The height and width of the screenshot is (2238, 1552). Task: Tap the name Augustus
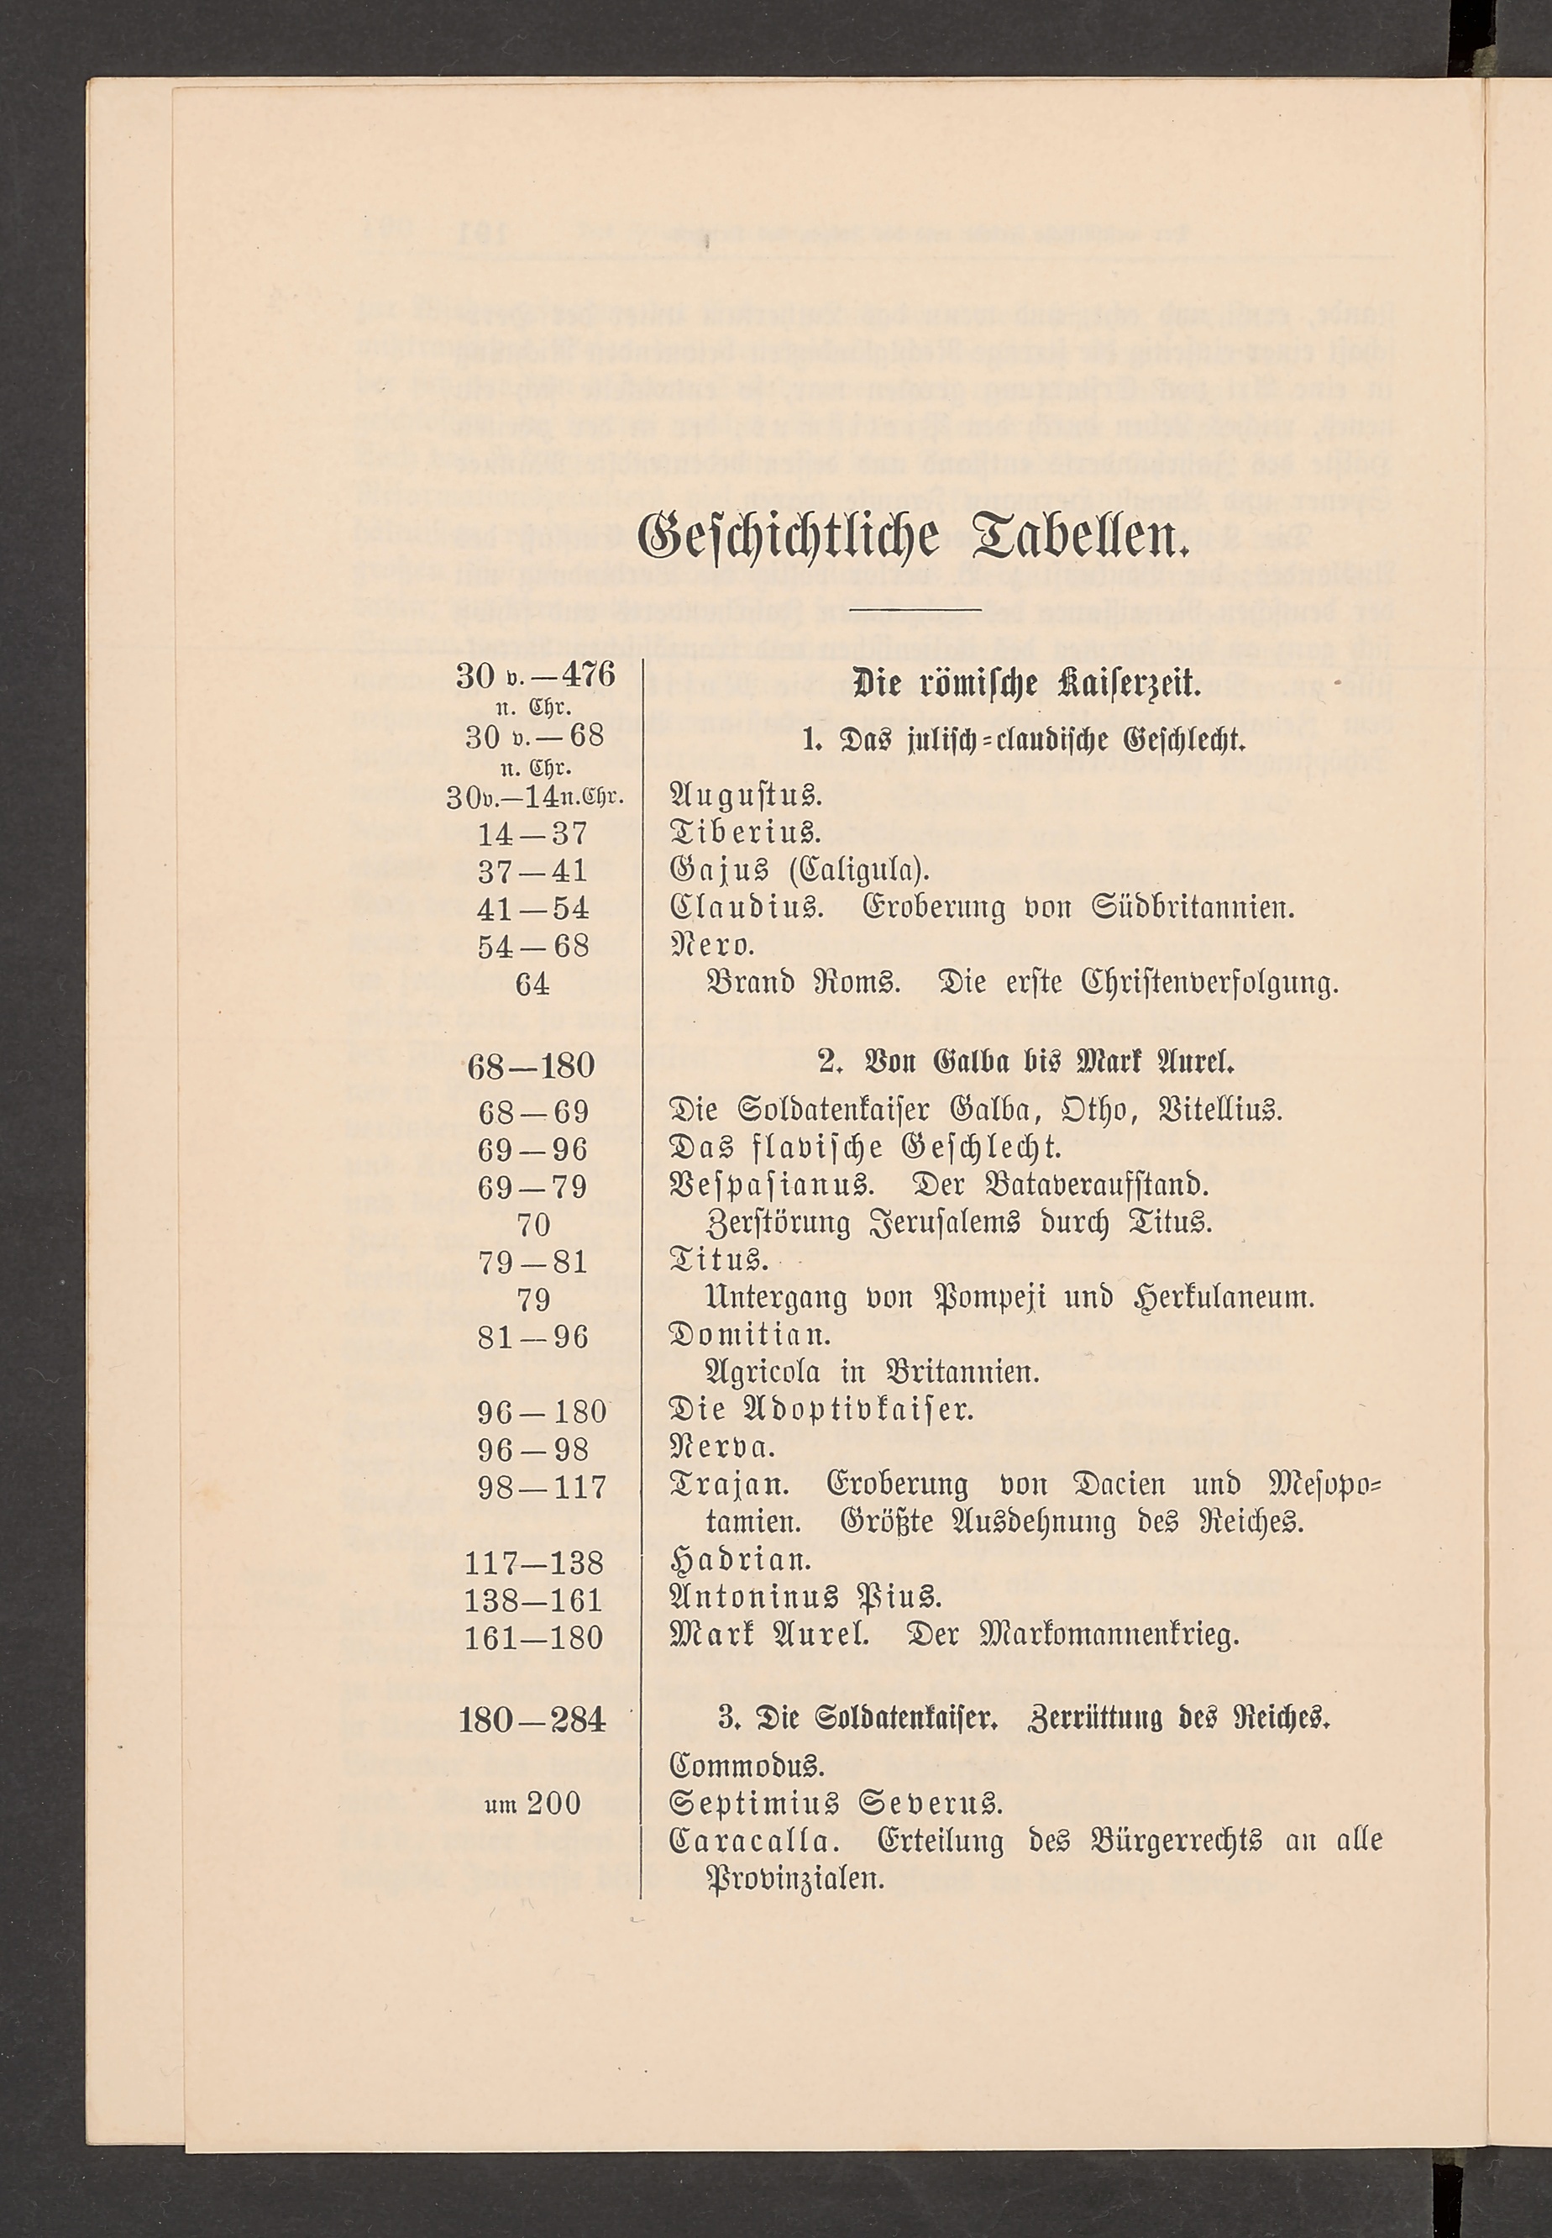pyautogui.click(x=747, y=797)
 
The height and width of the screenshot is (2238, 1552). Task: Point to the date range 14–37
pyautogui.click(x=534, y=833)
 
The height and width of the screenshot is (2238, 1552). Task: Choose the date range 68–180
pyautogui.click(x=531, y=1066)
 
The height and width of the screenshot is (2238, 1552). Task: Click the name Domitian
pyautogui.click(x=752, y=1337)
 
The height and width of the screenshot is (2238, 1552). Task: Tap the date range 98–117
pyautogui.click(x=543, y=1487)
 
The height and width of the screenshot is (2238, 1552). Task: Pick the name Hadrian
pyautogui.click(x=741, y=1563)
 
